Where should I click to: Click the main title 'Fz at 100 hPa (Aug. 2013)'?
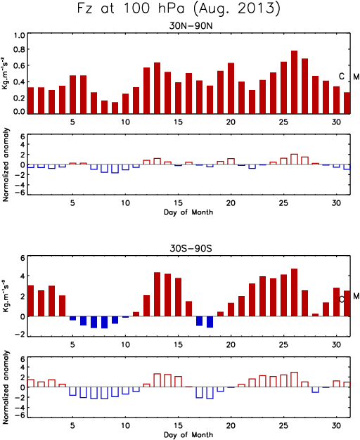tap(179, 8)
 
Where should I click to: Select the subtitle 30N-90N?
tap(191, 26)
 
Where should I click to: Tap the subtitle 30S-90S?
tap(191, 248)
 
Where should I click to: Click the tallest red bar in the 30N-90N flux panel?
tap(295, 82)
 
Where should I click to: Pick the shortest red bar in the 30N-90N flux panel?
tap(115, 108)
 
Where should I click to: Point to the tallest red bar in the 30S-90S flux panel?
tap(295, 292)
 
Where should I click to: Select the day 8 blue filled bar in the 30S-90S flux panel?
tap(105, 322)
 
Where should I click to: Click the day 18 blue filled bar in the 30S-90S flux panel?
tap(210, 322)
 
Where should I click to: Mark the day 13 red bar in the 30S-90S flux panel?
tap(157, 295)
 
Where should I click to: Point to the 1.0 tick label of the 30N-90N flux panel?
tap(20, 36)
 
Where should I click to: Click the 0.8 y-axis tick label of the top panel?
tap(20, 50)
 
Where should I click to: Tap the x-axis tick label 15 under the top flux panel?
tap(178, 122)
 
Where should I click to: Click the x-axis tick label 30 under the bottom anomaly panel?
tap(336, 426)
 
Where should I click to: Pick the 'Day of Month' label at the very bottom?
tap(188, 435)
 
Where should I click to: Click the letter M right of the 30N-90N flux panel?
tap(356, 77)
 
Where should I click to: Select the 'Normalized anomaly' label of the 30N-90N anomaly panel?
tap(6, 164)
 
